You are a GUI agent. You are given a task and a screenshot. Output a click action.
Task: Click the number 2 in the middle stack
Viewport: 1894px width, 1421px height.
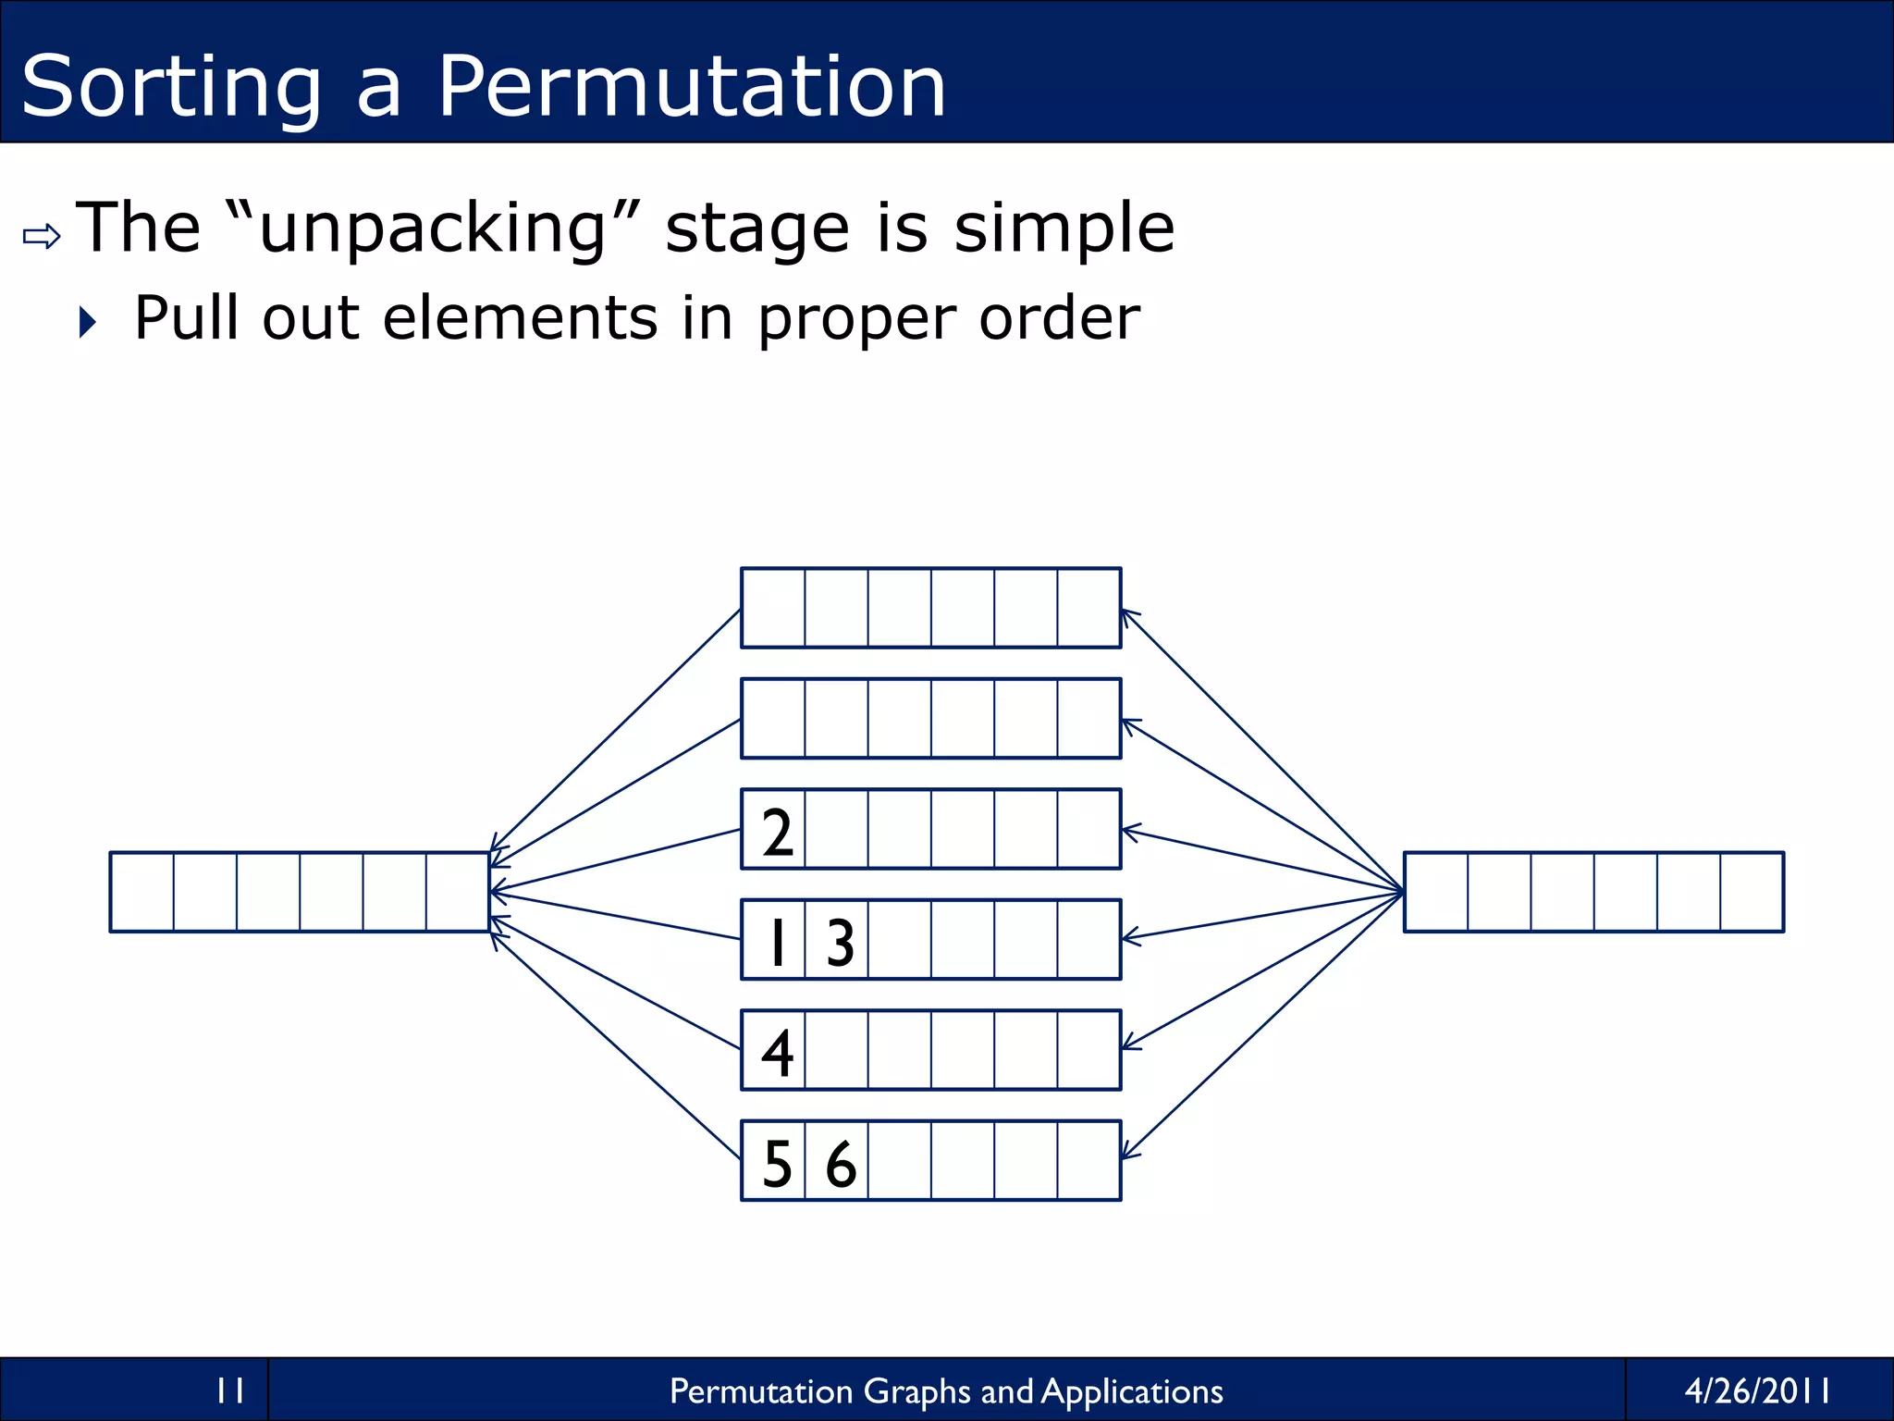(777, 832)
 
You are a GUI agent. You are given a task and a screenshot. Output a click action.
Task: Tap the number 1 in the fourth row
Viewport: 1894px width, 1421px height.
(778, 942)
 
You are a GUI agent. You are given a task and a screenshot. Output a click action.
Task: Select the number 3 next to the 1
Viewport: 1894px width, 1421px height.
(840, 942)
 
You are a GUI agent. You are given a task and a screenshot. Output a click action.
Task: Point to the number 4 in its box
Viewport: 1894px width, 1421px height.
(777, 1053)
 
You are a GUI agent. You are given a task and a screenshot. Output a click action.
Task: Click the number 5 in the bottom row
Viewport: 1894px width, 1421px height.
(777, 1164)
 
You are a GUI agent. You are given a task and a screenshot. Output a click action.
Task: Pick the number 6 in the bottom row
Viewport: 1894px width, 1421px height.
(840, 1164)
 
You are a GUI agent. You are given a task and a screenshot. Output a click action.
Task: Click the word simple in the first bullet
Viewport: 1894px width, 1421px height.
(1064, 229)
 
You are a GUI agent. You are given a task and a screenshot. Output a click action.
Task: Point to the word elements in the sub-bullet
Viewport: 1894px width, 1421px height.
(519, 318)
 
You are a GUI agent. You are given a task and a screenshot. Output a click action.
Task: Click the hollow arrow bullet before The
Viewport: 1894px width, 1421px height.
(42, 237)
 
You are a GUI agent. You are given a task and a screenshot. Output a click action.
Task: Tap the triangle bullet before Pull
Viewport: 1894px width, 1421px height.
(88, 322)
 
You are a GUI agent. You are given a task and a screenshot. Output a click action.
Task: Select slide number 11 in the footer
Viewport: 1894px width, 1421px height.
(229, 1390)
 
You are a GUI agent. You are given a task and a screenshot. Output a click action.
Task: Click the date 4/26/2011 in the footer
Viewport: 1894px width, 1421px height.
(1756, 1390)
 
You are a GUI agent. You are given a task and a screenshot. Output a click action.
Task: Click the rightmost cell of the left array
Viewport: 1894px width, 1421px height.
(457, 892)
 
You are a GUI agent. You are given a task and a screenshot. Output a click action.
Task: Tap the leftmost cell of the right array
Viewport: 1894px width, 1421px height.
(1436, 892)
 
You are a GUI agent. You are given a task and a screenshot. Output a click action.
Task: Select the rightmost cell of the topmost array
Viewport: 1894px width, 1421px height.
(1088, 608)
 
